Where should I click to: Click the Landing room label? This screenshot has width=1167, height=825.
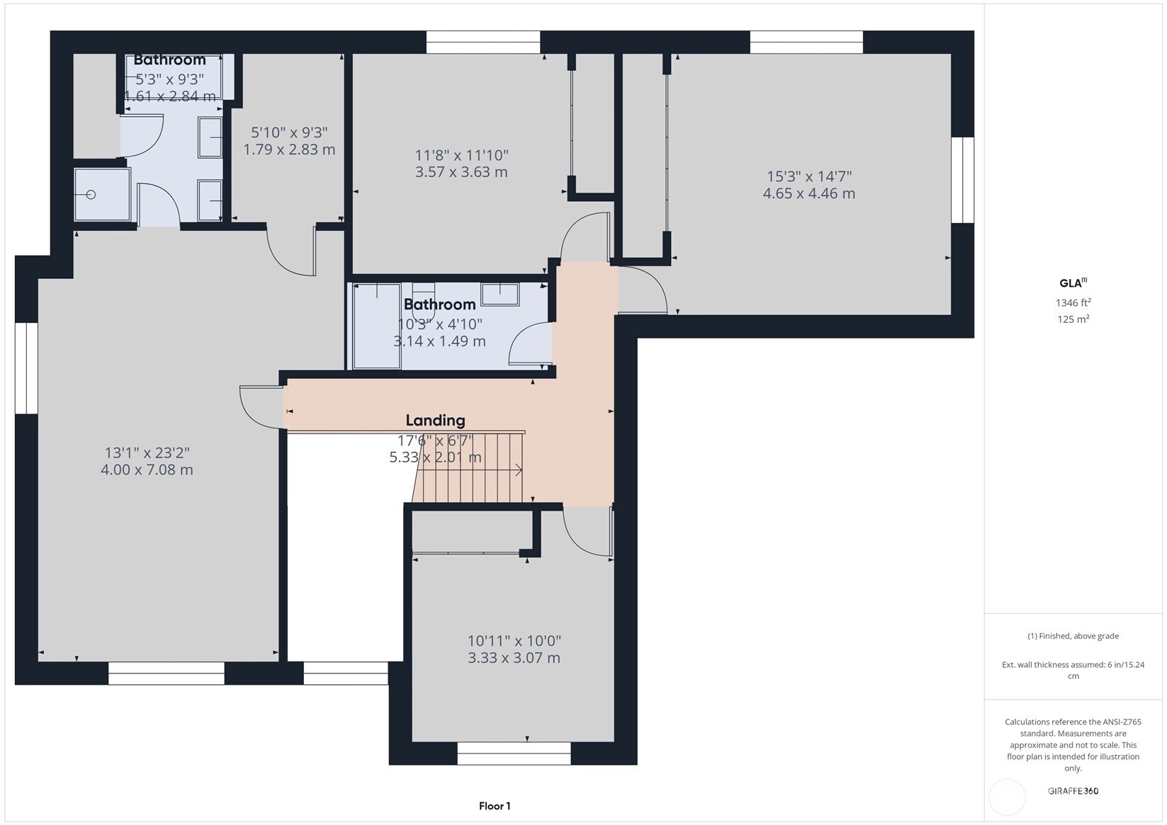[435, 421]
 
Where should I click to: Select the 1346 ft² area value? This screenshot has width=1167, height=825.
[1073, 302]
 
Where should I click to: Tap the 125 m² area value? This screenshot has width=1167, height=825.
[1073, 319]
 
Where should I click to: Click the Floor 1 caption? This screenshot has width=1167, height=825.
[495, 807]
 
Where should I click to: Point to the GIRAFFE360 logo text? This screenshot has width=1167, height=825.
[1073, 791]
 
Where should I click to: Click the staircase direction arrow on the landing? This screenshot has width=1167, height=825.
[470, 470]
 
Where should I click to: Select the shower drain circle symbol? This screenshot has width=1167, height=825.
[91, 195]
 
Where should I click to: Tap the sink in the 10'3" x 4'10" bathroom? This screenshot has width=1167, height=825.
[500, 295]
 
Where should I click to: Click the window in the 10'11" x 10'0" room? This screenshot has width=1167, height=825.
[514, 753]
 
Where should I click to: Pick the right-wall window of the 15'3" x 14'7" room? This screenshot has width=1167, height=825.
[963, 180]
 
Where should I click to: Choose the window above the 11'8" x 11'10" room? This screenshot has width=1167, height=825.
[483, 42]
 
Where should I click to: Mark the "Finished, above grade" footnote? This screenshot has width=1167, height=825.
[1073, 636]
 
